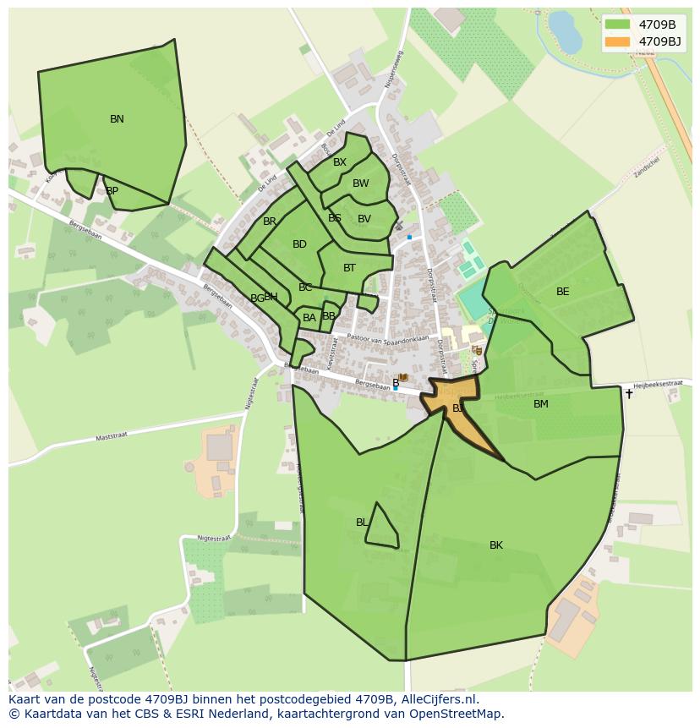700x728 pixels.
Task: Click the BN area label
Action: (117, 119)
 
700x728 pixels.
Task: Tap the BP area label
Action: (112, 191)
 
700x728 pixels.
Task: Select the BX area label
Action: (339, 162)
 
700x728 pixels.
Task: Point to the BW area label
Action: (361, 183)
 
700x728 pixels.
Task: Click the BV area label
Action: (364, 219)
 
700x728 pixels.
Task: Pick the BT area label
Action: (349, 268)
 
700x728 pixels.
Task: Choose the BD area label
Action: (299, 244)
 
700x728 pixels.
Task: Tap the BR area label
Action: (270, 222)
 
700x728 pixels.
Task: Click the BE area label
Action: (562, 292)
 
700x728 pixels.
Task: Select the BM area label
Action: (541, 404)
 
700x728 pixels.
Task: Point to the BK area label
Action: (496, 545)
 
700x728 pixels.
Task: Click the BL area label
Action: (362, 523)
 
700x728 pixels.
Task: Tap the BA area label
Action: (309, 318)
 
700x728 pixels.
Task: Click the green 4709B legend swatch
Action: (619, 25)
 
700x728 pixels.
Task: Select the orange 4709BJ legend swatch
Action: (619, 41)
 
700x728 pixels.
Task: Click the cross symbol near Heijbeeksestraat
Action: (628, 393)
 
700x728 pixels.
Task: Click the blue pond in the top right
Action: (564, 31)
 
